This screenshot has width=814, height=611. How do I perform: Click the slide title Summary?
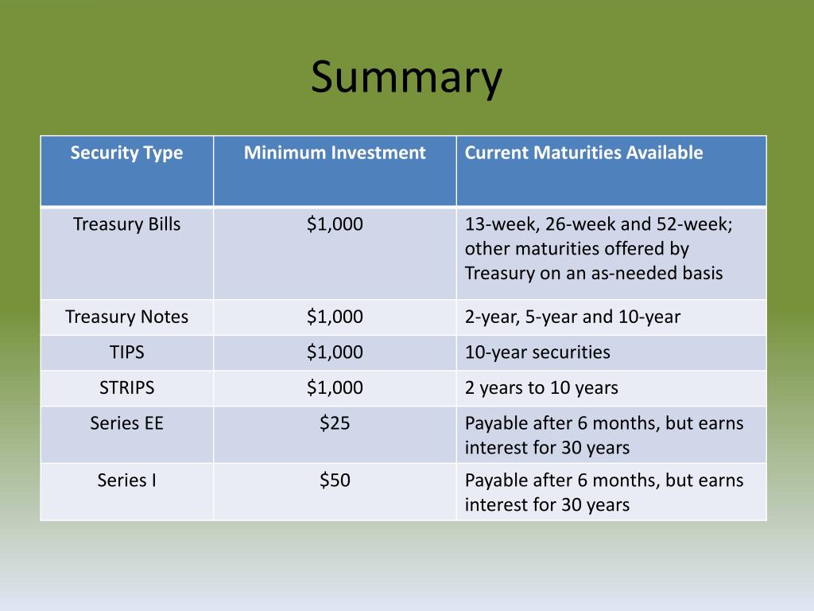coord(406,78)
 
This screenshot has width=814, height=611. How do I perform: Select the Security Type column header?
coord(126,153)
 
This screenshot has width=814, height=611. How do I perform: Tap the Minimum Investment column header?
coord(335,153)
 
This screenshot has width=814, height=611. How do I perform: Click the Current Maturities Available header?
coord(583,153)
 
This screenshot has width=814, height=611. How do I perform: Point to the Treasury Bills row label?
coord(126,224)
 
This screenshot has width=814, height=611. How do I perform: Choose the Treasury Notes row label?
coord(126,317)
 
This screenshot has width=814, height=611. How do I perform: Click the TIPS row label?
coord(126,352)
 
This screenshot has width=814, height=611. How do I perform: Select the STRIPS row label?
coord(126,387)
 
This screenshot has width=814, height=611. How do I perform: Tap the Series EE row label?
coord(126,423)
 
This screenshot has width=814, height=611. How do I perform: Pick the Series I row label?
coord(126,481)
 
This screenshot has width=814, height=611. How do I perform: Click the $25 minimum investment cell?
coord(335,423)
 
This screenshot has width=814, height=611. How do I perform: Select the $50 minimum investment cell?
coord(335,481)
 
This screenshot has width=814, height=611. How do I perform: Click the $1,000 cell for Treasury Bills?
coord(335,224)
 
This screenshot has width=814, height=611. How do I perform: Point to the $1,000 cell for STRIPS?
coord(335,387)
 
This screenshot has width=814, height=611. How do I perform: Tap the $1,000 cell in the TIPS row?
coord(335,352)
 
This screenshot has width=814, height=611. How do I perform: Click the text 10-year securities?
coord(537,352)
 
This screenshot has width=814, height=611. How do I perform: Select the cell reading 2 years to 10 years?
coord(541,387)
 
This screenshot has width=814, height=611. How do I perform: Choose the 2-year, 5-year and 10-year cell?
coord(572,317)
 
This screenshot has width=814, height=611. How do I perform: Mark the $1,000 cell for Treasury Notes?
coord(335,317)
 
